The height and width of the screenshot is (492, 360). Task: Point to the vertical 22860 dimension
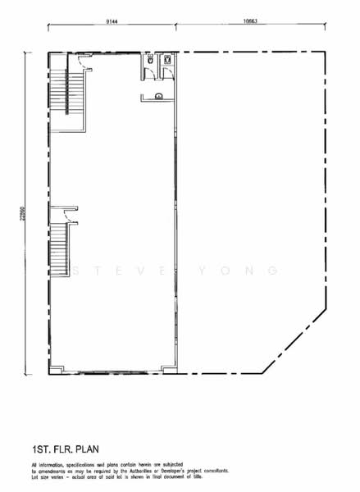22,211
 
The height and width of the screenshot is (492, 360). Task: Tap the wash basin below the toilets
158,97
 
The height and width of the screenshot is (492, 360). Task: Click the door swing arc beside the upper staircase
79,59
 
